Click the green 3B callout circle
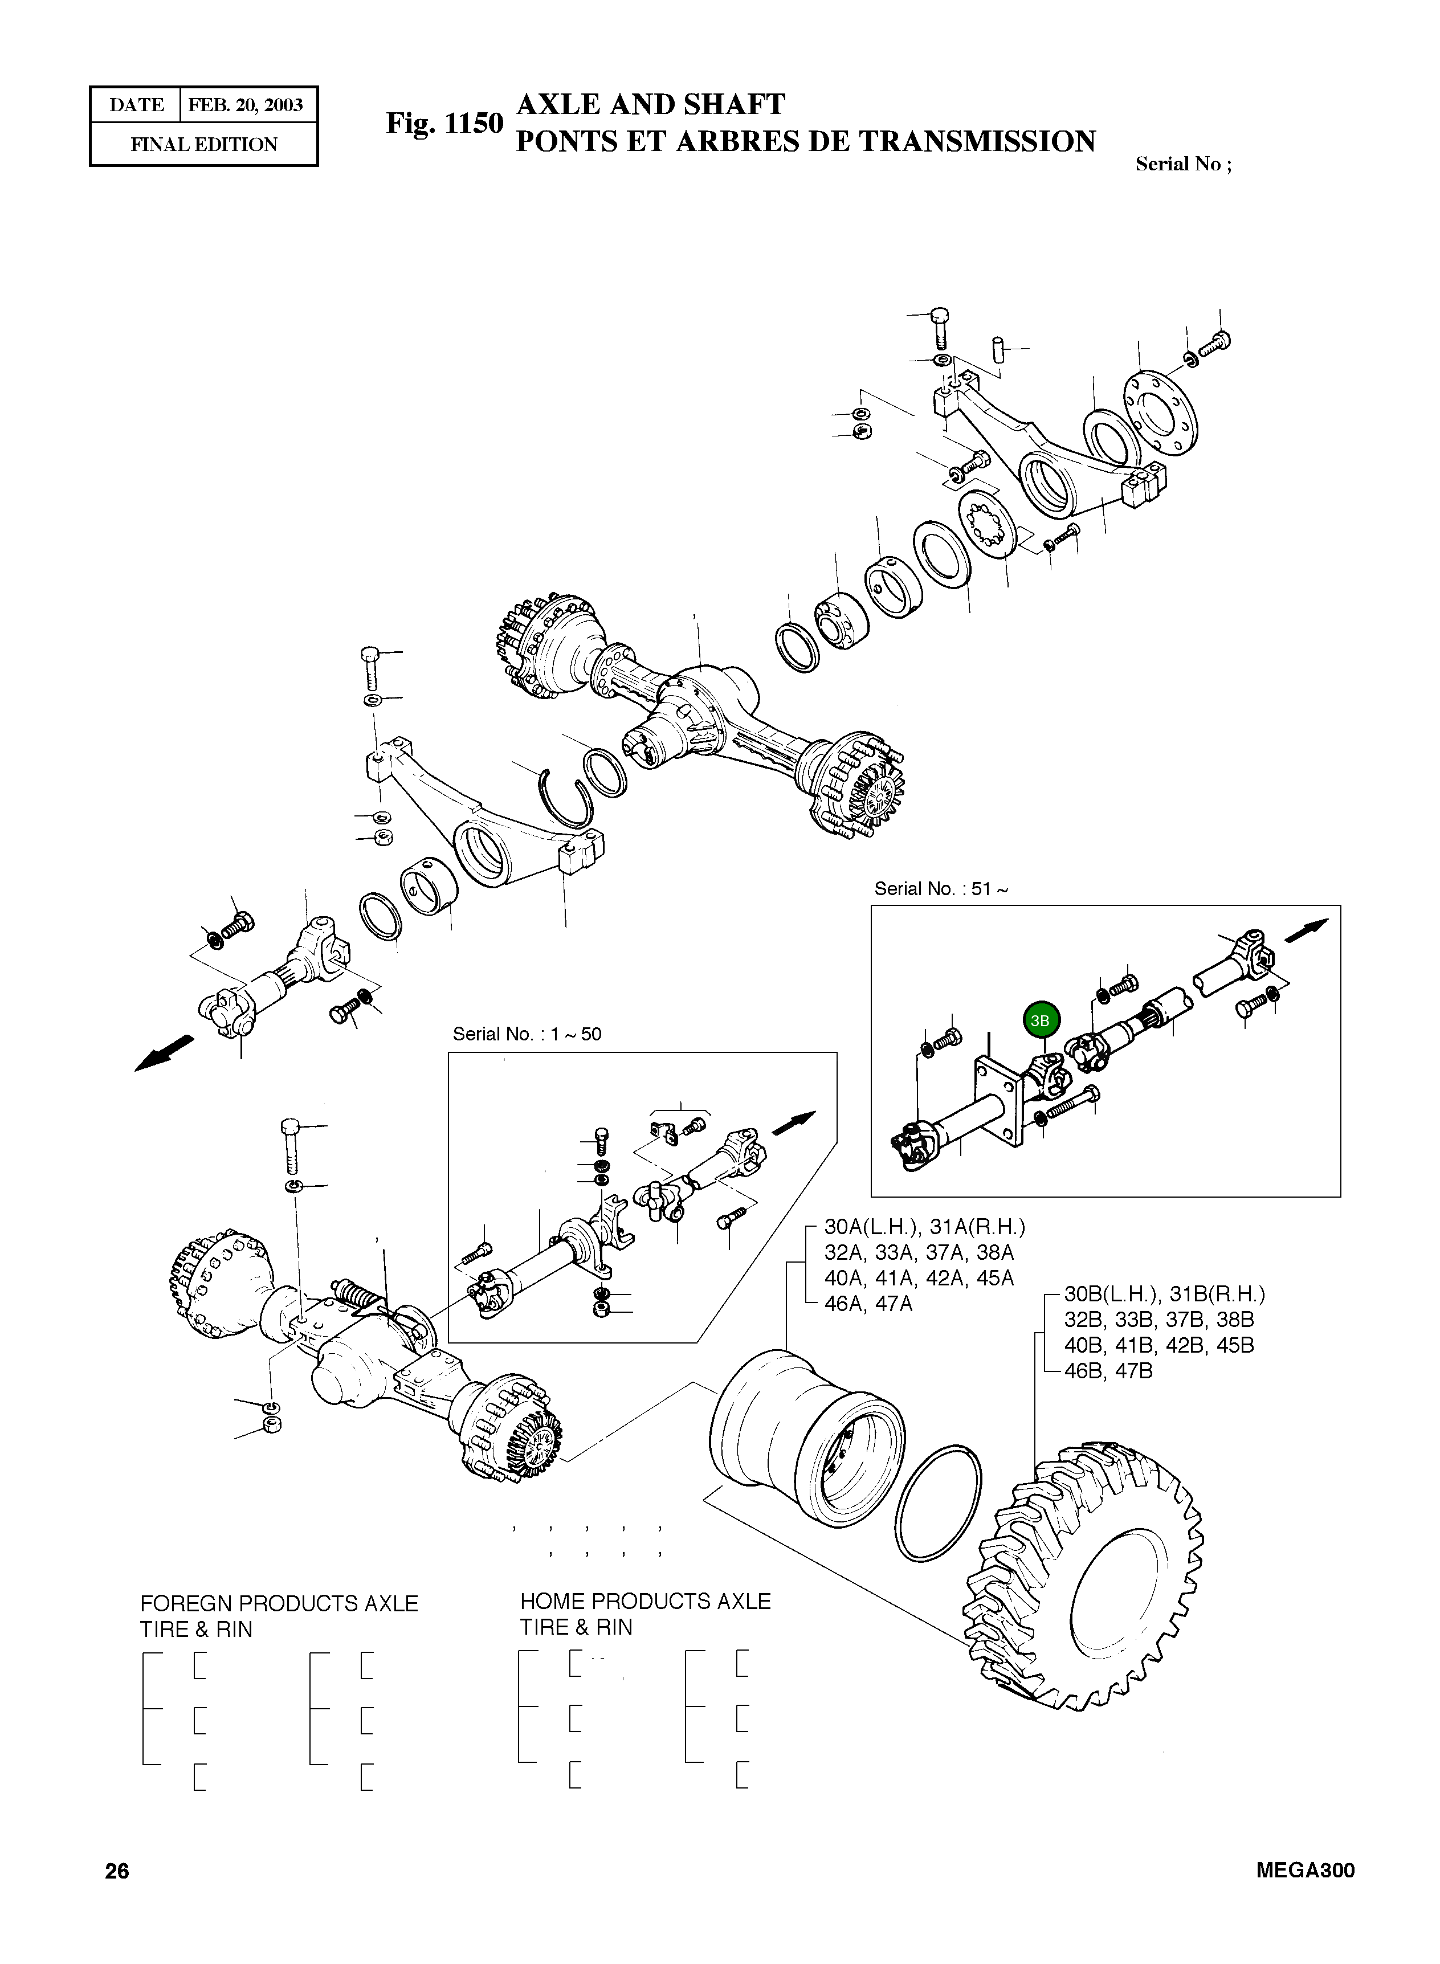pyautogui.click(x=1040, y=1020)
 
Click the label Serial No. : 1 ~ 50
pyautogui.click(x=527, y=1034)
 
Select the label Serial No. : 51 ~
pyautogui.click(x=941, y=889)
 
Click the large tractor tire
pyautogui.click(x=1085, y=1577)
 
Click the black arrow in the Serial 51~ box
pyautogui.click(x=1307, y=930)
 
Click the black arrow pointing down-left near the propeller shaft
pyautogui.click(x=165, y=1052)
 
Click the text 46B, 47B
pyautogui.click(x=1107, y=1371)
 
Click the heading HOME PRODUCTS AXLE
pyautogui.click(x=645, y=1602)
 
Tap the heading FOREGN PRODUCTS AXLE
pyautogui.click(x=279, y=1603)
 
